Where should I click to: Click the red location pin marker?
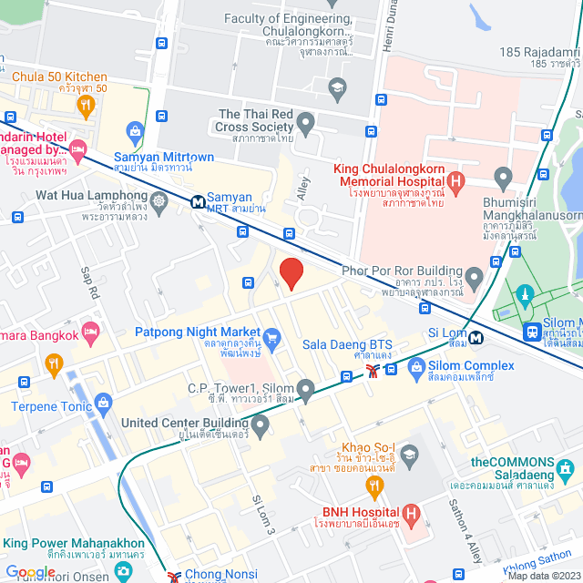291,273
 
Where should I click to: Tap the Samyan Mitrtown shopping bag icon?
136,134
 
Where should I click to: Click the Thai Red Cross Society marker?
306,121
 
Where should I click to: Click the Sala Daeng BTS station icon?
372,370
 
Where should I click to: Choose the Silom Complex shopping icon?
416,367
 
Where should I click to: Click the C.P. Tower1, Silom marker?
306,391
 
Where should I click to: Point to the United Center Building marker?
261,424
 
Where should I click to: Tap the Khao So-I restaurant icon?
409,454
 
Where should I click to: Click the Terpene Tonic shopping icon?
103,402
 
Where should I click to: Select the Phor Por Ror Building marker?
473,275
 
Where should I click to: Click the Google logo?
30,571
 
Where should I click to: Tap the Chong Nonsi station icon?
175,576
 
